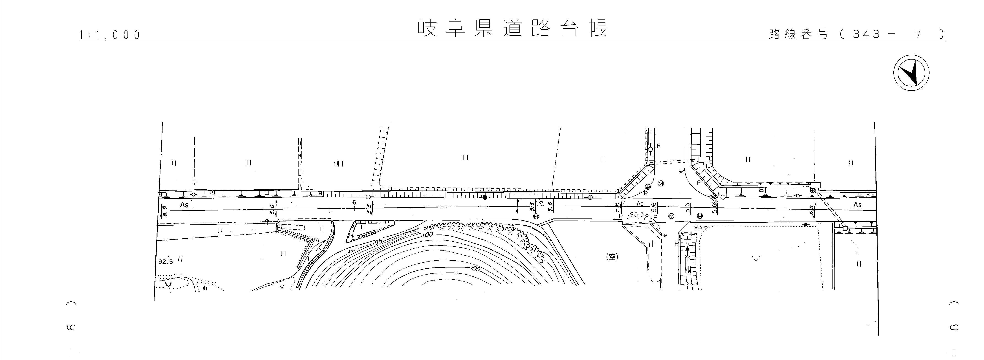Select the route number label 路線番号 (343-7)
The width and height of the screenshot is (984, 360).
tap(856, 34)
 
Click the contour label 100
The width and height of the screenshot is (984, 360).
tap(428, 234)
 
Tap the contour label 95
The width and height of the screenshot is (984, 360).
tap(378, 242)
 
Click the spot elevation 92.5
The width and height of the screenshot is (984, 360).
tap(165, 262)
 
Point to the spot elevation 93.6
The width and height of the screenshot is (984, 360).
tap(701, 227)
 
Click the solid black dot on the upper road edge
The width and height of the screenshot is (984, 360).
tap(485, 197)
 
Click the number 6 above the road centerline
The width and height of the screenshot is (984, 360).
tap(354, 202)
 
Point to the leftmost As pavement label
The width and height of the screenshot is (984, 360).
tap(184, 205)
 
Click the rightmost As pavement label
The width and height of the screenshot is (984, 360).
tap(858, 205)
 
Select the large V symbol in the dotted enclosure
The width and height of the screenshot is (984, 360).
tap(755, 259)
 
